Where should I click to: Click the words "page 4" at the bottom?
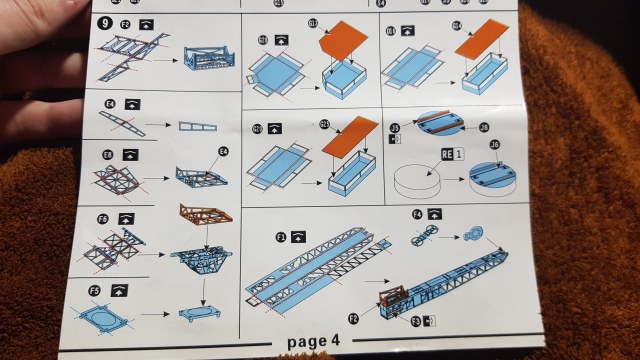(x=314, y=342)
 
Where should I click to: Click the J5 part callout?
(x=395, y=128)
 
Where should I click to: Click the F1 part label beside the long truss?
(x=282, y=236)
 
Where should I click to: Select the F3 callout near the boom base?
(x=418, y=320)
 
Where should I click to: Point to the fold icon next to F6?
(x=126, y=217)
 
